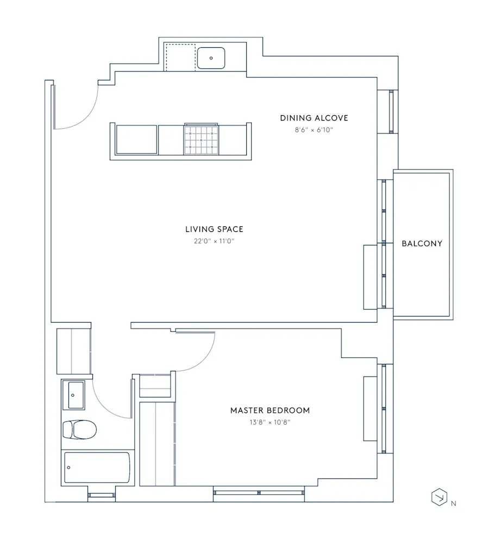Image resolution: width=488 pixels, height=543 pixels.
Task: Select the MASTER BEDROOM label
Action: click(270, 410)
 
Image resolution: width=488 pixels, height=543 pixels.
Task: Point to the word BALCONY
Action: click(422, 243)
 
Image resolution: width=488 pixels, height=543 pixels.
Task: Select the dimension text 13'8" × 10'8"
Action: click(270, 422)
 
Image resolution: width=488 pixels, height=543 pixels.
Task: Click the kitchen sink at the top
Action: click(211, 58)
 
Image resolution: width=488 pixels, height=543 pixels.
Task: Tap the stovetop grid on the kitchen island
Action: click(201, 140)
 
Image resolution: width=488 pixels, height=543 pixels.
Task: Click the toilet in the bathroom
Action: click(79, 430)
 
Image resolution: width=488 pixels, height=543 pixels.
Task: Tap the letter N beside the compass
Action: click(453, 504)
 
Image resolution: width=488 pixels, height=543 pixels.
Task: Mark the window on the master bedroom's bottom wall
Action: click(259, 493)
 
